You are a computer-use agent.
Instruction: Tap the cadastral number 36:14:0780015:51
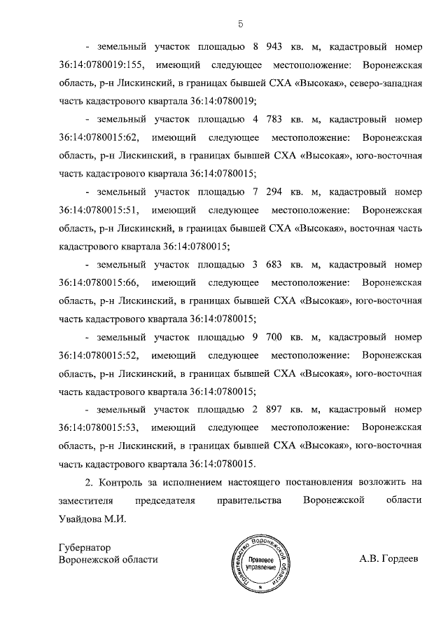click(x=97, y=210)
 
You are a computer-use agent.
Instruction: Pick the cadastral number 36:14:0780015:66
click(x=97, y=282)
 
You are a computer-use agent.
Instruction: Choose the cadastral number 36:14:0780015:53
click(x=97, y=427)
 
